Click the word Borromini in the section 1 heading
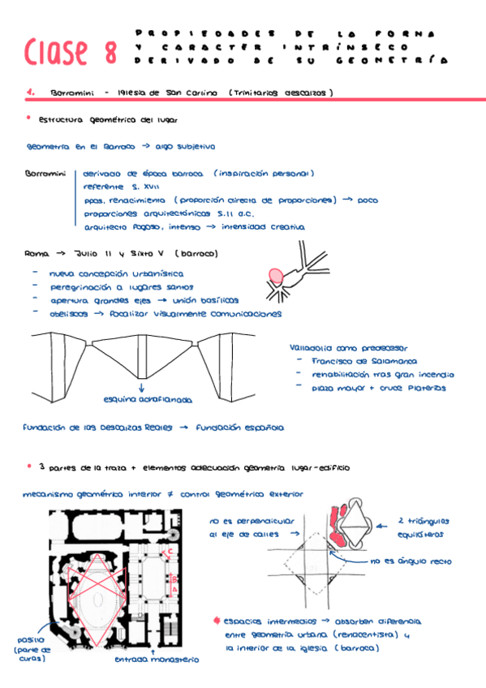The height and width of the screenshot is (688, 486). tap(71, 93)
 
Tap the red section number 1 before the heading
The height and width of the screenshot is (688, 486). tap(30, 93)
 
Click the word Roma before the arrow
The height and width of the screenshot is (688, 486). tap(37, 253)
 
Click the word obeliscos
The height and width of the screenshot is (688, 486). tap(68, 314)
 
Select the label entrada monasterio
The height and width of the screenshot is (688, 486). tap(156, 660)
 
